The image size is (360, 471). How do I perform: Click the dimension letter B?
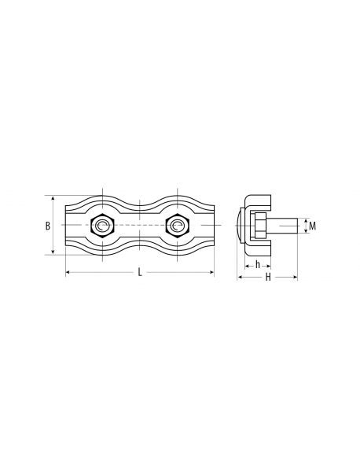click(x=48, y=226)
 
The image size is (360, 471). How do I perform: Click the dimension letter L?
click(x=140, y=272)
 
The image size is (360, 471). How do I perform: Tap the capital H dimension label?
click(x=268, y=277)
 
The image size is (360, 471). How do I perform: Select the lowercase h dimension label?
click(x=258, y=265)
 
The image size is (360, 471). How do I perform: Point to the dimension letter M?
click(x=313, y=226)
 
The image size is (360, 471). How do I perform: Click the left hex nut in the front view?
click(x=102, y=226)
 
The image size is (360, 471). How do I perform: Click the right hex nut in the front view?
click(x=178, y=226)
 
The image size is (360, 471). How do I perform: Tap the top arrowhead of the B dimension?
click(x=53, y=199)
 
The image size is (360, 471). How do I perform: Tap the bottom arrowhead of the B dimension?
click(x=53, y=252)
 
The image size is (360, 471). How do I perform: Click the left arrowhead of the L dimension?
click(x=68, y=272)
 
